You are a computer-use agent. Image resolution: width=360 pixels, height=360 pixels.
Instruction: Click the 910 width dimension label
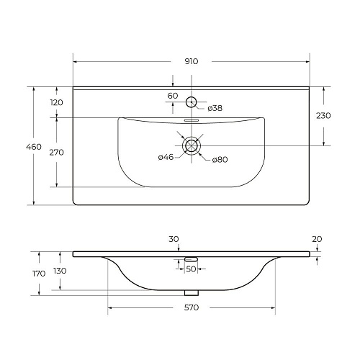[x=191, y=61]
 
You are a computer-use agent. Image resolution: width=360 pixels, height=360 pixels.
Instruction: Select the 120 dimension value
[x=57, y=102]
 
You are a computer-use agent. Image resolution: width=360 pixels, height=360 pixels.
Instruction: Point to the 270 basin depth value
[x=57, y=152]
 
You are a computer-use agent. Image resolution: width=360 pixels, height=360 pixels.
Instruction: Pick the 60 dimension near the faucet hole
[x=172, y=95]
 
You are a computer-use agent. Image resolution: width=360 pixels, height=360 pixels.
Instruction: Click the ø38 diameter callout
[x=214, y=109]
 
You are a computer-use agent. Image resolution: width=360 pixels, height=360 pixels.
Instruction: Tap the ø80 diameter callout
[x=220, y=159]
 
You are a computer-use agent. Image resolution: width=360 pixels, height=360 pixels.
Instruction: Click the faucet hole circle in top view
[x=191, y=102]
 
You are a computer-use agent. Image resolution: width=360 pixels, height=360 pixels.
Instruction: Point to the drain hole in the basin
[x=191, y=145]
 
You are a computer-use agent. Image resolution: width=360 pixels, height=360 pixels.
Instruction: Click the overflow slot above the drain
[x=191, y=121]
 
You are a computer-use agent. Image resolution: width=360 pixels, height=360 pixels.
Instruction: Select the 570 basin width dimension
[x=191, y=307]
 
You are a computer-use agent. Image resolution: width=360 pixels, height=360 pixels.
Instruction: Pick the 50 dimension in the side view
[x=191, y=269]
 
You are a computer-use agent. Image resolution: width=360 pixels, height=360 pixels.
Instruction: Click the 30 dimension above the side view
[x=173, y=239]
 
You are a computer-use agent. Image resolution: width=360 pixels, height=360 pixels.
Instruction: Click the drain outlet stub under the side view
[x=191, y=292]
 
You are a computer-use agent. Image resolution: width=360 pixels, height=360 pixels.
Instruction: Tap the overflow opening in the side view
[x=191, y=258]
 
